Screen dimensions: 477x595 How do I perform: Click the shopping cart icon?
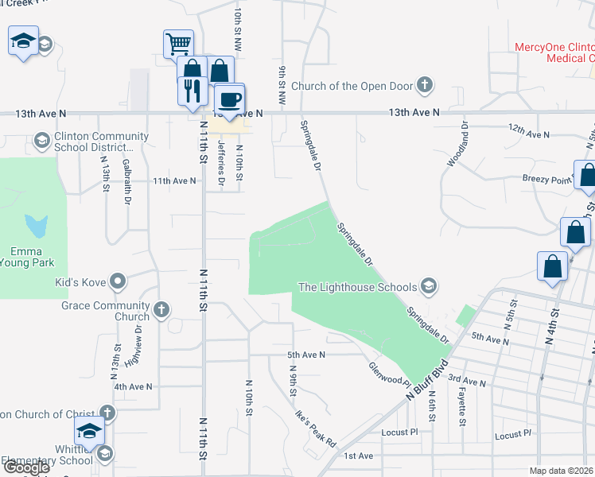178,43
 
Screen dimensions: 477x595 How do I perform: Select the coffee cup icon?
230,99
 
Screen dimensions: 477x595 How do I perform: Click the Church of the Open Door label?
354,86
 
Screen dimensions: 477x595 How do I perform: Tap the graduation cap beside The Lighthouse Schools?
428,286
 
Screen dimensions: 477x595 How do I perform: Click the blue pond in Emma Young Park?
35,227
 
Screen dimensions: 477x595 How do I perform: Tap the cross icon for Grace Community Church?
161,309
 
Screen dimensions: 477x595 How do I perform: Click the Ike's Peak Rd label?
316,428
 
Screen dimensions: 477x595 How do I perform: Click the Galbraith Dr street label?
126,183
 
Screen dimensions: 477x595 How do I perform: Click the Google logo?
26,467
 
